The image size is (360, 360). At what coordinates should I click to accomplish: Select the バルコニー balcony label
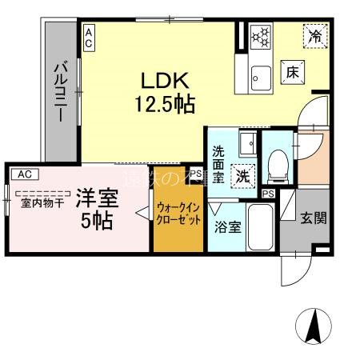point(59,90)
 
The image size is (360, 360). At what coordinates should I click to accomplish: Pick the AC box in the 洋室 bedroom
point(24,173)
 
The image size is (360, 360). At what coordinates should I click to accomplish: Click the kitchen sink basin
point(261,77)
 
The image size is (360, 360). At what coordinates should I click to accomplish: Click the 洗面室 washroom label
point(218,161)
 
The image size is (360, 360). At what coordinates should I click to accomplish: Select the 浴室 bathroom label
point(227,227)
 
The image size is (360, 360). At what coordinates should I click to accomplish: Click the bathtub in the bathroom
point(260,229)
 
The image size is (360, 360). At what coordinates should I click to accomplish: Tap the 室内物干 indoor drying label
point(42,202)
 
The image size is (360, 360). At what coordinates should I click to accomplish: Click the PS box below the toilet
point(268,194)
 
